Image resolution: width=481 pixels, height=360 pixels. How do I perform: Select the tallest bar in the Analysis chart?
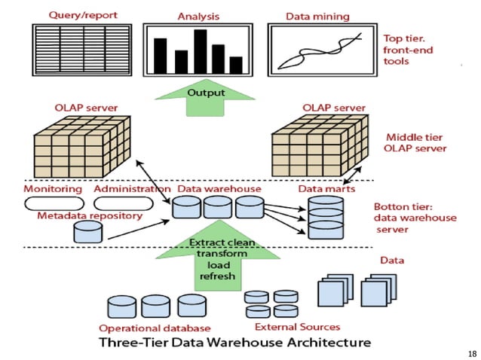pyautogui.click(x=200, y=51)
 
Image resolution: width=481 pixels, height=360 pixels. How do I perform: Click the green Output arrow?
pyautogui.click(x=207, y=98)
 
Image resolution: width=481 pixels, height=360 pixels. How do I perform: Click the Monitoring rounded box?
pyautogui.click(x=52, y=203)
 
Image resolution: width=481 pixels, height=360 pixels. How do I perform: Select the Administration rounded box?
pyautogui.click(x=123, y=203)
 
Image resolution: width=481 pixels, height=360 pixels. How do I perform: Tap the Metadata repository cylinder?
pyautogui.click(x=87, y=231)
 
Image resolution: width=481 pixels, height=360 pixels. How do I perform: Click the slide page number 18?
pyautogui.click(x=472, y=353)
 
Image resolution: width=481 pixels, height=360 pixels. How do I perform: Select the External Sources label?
pyautogui.click(x=297, y=327)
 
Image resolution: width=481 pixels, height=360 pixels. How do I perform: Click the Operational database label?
pyautogui.click(x=155, y=328)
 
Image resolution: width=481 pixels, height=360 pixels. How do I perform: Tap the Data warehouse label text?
pyautogui.click(x=219, y=189)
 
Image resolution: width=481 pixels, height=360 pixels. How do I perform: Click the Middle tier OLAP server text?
pyautogui.click(x=415, y=143)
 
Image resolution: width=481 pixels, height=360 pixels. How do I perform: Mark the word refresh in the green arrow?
pyautogui.click(x=217, y=276)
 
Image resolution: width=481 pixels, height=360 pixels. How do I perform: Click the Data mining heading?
pyautogui.click(x=317, y=16)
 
